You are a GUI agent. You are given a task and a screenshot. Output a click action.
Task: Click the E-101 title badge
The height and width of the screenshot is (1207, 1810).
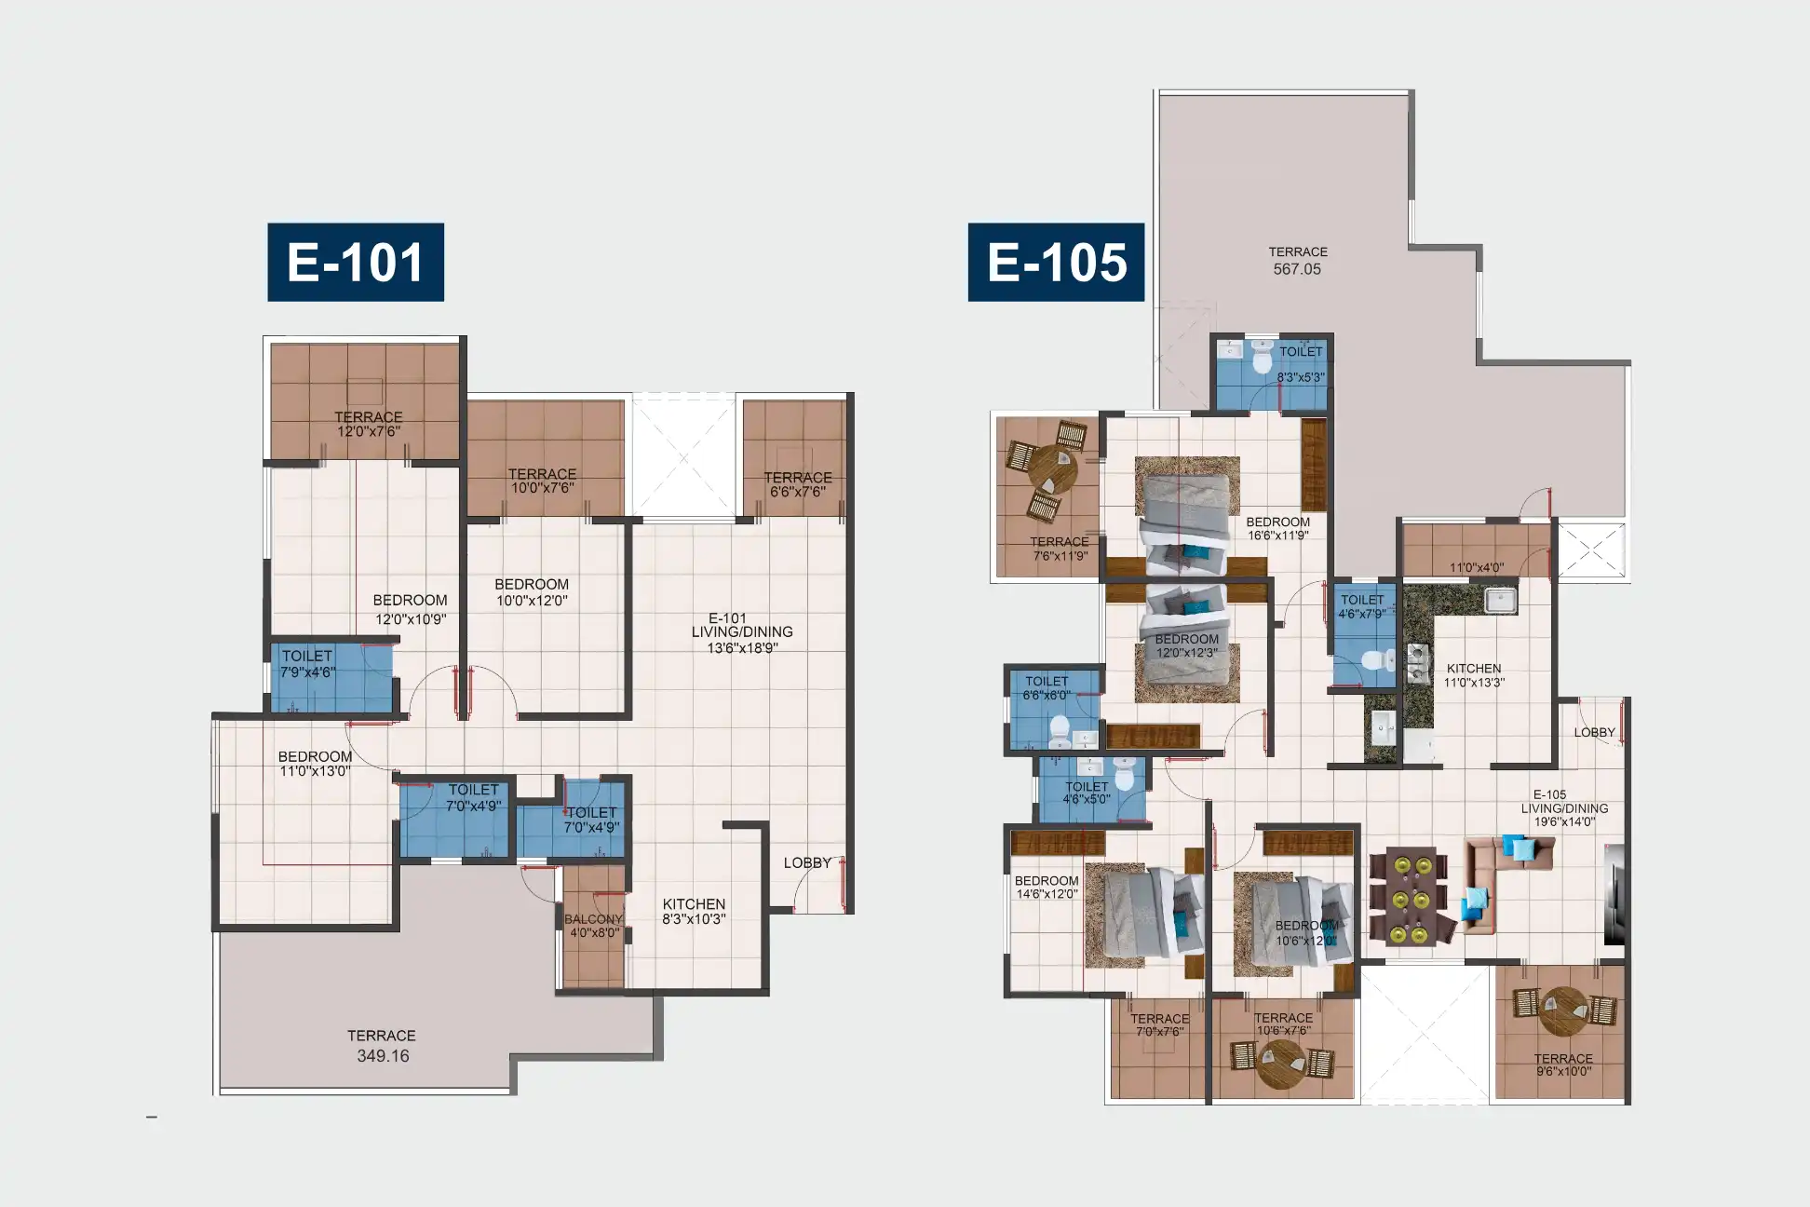coord(356,262)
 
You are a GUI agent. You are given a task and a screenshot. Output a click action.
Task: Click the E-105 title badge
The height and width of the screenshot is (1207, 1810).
coord(1056,262)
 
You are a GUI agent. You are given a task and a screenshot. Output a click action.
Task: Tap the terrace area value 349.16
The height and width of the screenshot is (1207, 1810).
coord(383,1056)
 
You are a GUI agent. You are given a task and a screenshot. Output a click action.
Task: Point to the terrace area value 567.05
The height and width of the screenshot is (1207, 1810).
coord(1297,269)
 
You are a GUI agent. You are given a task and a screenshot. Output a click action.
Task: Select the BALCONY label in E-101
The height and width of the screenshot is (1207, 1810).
coord(593,919)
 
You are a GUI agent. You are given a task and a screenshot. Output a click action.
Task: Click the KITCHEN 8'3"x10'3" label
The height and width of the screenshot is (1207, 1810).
coord(694,911)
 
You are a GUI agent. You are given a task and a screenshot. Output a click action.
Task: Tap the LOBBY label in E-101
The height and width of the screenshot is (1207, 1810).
coord(807,863)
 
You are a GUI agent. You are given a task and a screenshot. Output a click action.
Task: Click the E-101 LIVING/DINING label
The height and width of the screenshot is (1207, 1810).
coord(742,632)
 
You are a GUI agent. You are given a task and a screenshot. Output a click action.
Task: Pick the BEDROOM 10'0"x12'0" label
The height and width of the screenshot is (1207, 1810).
coord(532,592)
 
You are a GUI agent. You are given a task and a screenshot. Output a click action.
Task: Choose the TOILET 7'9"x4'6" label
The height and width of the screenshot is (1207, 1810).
coord(308,664)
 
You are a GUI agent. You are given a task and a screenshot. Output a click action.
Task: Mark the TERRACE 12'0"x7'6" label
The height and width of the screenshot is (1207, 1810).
coord(369,424)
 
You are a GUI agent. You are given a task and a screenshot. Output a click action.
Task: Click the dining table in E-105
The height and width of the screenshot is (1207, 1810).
coord(1409,897)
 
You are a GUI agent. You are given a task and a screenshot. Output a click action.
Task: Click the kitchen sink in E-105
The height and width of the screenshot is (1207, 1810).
coord(1500,600)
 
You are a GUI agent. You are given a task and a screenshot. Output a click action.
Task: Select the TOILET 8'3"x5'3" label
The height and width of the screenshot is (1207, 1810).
coord(1301,364)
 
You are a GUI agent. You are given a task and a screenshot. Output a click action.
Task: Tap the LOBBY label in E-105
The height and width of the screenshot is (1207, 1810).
coord(1594,733)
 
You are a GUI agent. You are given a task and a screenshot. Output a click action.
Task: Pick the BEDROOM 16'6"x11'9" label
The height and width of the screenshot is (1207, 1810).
coord(1277,528)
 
